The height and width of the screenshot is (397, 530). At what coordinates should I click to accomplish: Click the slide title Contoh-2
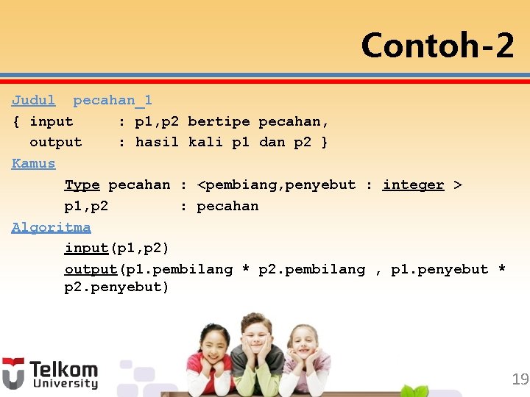[x=437, y=46]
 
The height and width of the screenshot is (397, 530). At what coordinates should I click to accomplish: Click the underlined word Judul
[x=33, y=100]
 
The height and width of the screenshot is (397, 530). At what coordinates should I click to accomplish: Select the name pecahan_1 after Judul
[x=112, y=100]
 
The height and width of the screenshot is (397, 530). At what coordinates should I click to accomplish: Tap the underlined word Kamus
[x=33, y=163]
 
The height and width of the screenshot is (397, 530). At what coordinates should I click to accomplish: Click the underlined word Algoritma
[x=51, y=227]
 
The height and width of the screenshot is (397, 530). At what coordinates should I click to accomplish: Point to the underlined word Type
[x=82, y=185]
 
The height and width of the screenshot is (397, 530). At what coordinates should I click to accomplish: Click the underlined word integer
[x=413, y=185]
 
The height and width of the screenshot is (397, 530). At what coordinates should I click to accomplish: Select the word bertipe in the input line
[x=219, y=121]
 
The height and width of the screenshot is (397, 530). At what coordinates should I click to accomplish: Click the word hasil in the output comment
[x=157, y=142]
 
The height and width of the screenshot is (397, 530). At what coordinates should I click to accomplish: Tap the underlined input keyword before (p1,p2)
[x=86, y=248]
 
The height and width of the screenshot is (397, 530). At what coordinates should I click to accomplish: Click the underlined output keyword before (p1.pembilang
[x=91, y=269]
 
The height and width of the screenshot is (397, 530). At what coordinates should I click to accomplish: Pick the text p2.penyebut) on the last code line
[x=116, y=287]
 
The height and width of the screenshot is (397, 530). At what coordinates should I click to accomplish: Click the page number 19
[x=520, y=379]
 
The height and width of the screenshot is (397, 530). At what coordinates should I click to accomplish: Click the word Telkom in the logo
[x=63, y=369]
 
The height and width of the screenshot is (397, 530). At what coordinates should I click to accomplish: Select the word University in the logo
[x=63, y=384]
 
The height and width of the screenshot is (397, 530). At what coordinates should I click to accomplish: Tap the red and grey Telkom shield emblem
[x=13, y=373]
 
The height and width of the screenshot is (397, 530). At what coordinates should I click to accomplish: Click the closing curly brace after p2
[x=325, y=142]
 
